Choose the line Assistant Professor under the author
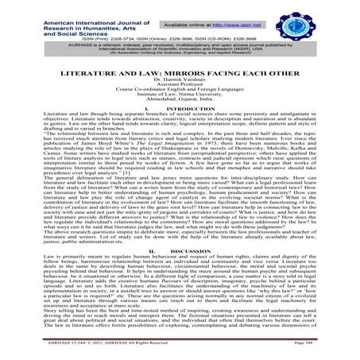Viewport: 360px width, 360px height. (180, 89)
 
